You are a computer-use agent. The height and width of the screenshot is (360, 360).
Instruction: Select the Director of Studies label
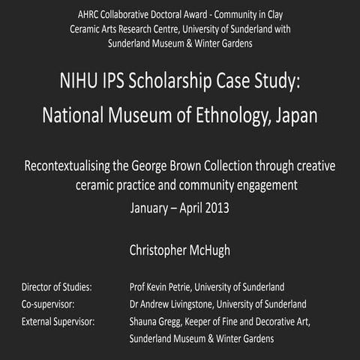[x=57, y=287]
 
